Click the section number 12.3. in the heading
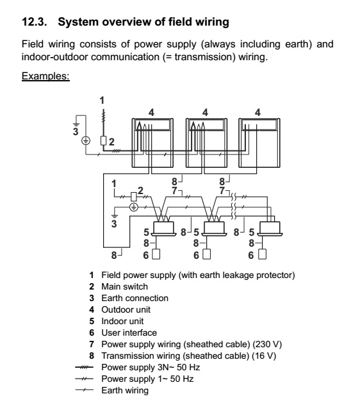point(34,22)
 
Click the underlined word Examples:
point(45,76)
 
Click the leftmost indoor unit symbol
point(163,228)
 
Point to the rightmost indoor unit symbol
point(270,228)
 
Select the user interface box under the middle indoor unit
point(206,254)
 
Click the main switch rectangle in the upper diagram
point(104,141)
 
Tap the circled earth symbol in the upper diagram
point(86,141)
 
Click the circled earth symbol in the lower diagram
point(134,208)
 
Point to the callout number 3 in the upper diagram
point(76,131)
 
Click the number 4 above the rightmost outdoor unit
point(258,113)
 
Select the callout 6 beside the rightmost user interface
point(250,255)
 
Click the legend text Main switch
point(124,286)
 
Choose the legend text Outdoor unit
point(126,309)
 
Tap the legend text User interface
point(129,332)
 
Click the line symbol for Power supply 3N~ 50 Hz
point(84,367)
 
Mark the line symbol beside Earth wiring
point(84,390)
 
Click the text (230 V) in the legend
point(267,345)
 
